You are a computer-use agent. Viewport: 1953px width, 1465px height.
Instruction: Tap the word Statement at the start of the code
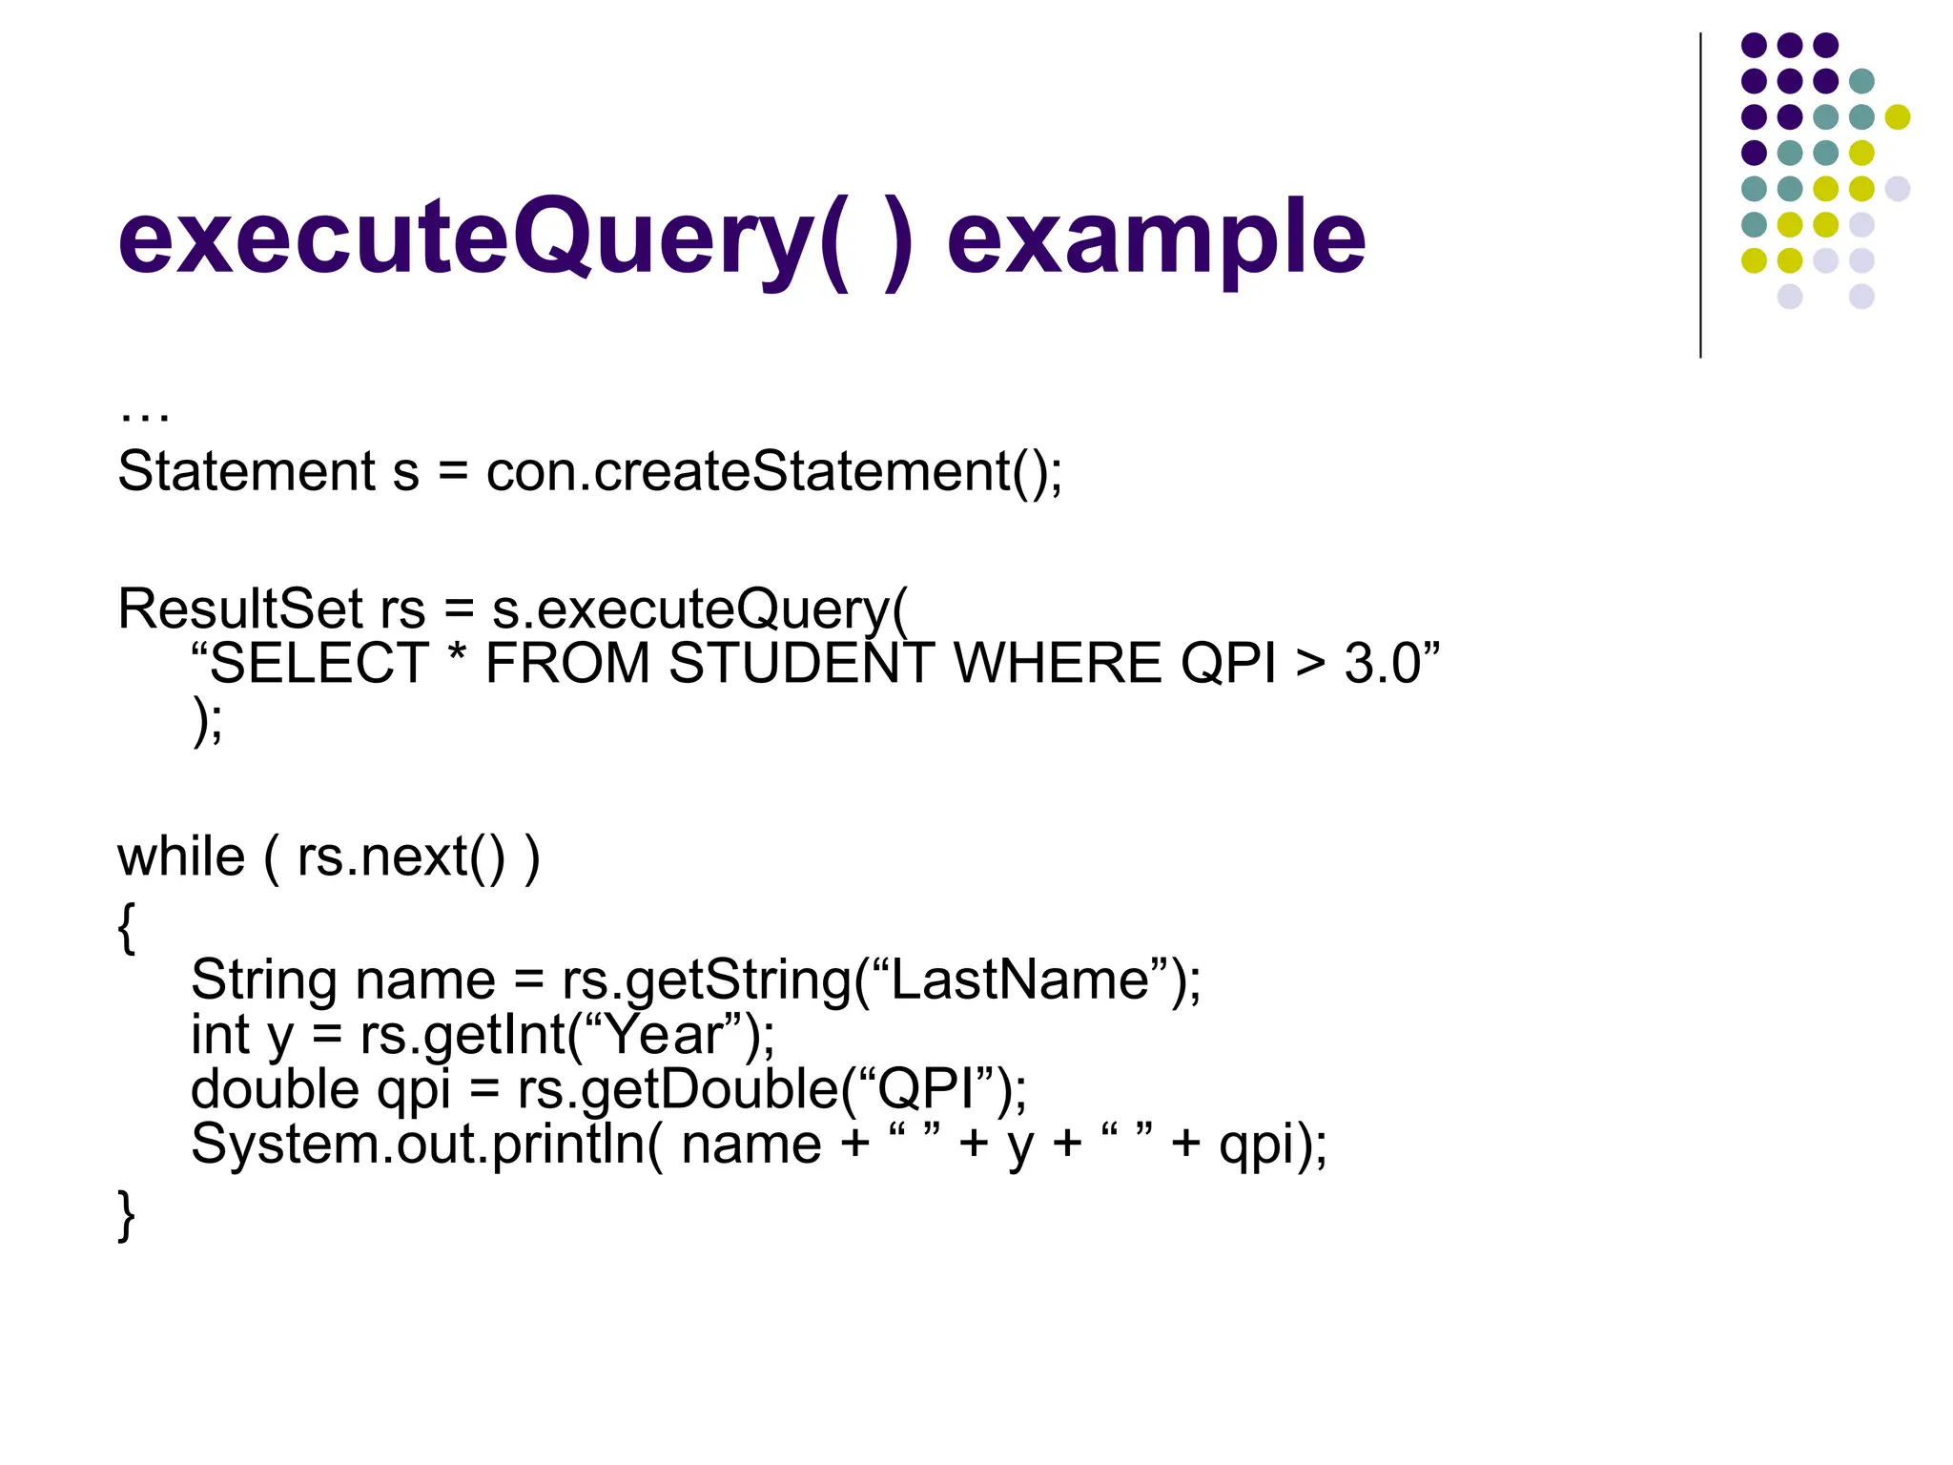(246, 471)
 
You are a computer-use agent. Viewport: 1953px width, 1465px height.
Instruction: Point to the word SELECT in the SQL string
(319, 664)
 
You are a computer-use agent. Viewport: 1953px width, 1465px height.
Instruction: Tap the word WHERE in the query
(1057, 664)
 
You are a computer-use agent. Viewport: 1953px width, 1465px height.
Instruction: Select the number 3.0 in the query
(1383, 664)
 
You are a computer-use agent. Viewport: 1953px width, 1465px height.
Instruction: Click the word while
(181, 856)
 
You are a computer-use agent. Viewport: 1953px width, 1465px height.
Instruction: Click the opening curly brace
(126, 927)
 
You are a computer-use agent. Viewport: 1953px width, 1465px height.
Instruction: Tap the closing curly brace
(126, 1215)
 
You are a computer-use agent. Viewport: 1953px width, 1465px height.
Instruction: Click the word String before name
(264, 980)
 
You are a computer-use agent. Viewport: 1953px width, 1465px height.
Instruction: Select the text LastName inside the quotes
(1020, 980)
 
